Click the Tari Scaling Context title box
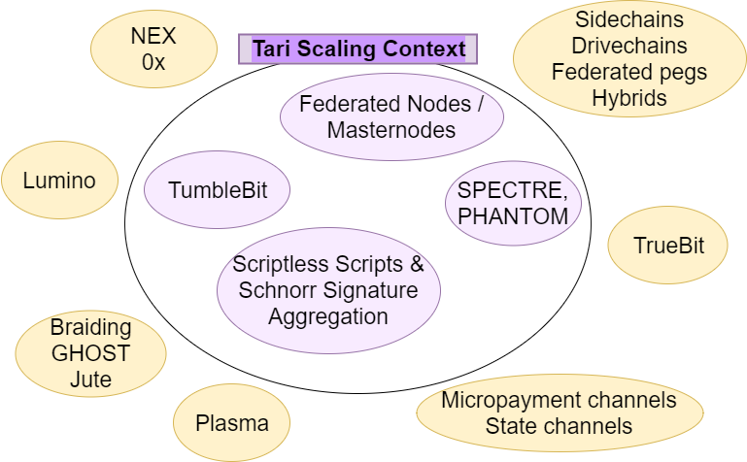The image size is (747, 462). point(357,49)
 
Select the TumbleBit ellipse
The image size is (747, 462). point(219,189)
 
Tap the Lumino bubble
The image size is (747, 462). point(60,181)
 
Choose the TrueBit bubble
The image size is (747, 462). point(668,246)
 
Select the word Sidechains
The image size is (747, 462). point(628,19)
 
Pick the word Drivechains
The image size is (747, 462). point(628,46)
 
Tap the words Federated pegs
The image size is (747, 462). point(628,72)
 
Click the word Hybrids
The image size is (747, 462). point(628,98)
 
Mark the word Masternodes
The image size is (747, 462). point(391,129)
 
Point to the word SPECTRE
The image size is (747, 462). point(511,191)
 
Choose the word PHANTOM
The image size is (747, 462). point(513,216)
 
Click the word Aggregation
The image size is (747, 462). point(328,315)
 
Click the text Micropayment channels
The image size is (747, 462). point(559,400)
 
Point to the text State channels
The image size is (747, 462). point(559,425)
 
